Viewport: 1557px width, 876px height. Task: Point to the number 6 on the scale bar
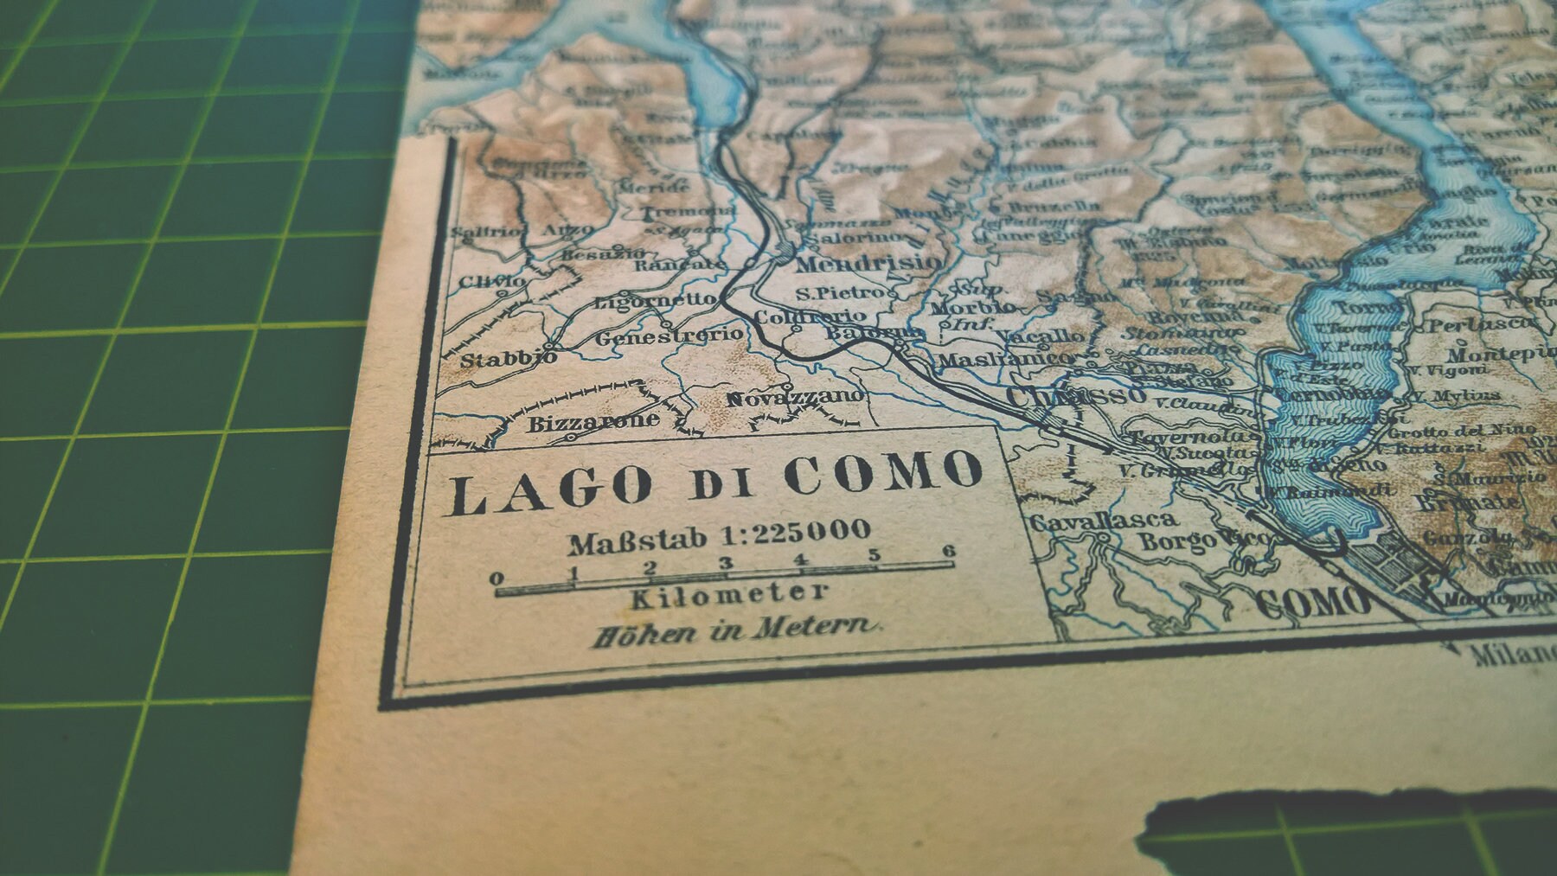[949, 552]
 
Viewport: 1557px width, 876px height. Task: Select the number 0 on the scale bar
[497, 579]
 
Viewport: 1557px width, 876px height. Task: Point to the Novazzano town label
[794, 398]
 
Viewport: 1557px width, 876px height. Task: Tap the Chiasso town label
[1071, 397]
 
